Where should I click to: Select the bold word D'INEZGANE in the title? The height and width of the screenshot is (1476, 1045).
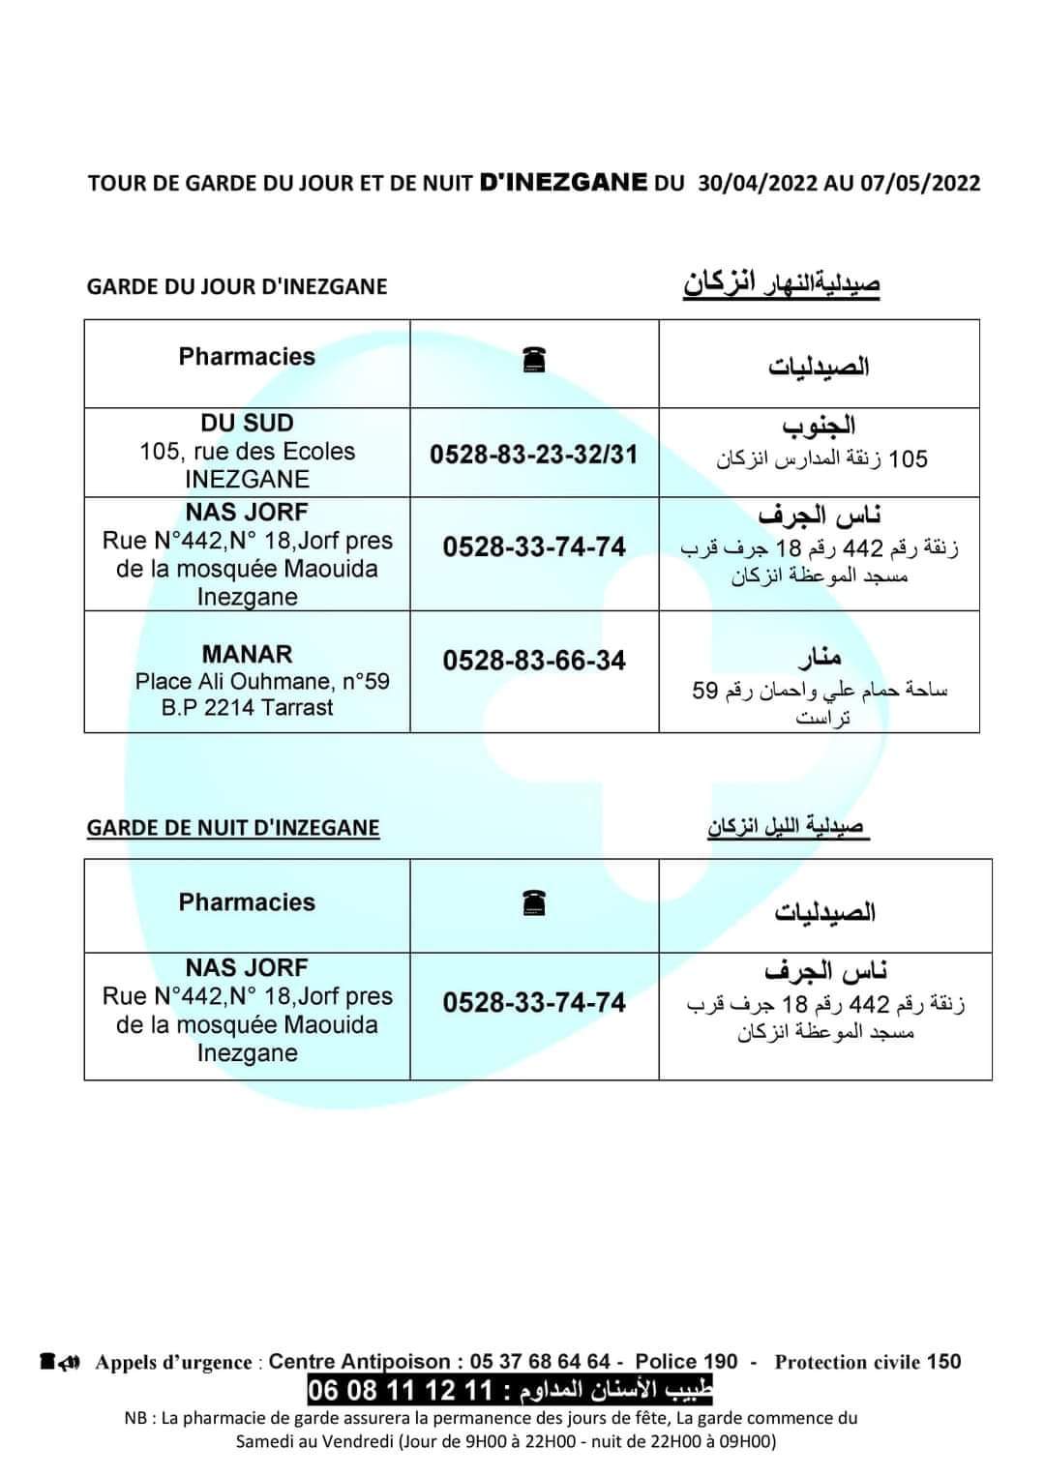[563, 182]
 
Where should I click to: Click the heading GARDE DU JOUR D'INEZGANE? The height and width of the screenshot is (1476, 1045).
[237, 286]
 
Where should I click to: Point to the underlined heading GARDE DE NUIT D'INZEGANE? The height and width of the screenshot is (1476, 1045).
[233, 828]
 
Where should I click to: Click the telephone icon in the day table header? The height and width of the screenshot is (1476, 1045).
[534, 360]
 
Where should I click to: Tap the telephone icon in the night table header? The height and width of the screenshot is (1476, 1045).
[534, 903]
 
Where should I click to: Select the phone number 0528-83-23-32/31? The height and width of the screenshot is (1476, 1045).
[534, 455]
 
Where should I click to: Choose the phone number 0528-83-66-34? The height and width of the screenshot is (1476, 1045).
[534, 661]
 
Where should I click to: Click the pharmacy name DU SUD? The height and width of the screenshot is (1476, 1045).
[247, 424]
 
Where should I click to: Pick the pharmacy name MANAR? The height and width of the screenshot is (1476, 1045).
[247, 654]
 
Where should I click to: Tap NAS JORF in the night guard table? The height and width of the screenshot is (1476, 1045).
[247, 968]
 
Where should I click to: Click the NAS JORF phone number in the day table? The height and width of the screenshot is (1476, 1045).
[534, 547]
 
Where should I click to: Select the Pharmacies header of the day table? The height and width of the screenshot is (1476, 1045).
[247, 357]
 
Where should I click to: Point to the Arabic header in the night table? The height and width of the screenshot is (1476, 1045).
[824, 912]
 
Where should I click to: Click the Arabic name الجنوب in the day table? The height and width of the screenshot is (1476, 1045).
[819, 426]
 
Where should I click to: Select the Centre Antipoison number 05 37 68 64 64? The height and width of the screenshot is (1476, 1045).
[539, 1362]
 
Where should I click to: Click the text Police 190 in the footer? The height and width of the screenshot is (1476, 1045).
[686, 1362]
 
